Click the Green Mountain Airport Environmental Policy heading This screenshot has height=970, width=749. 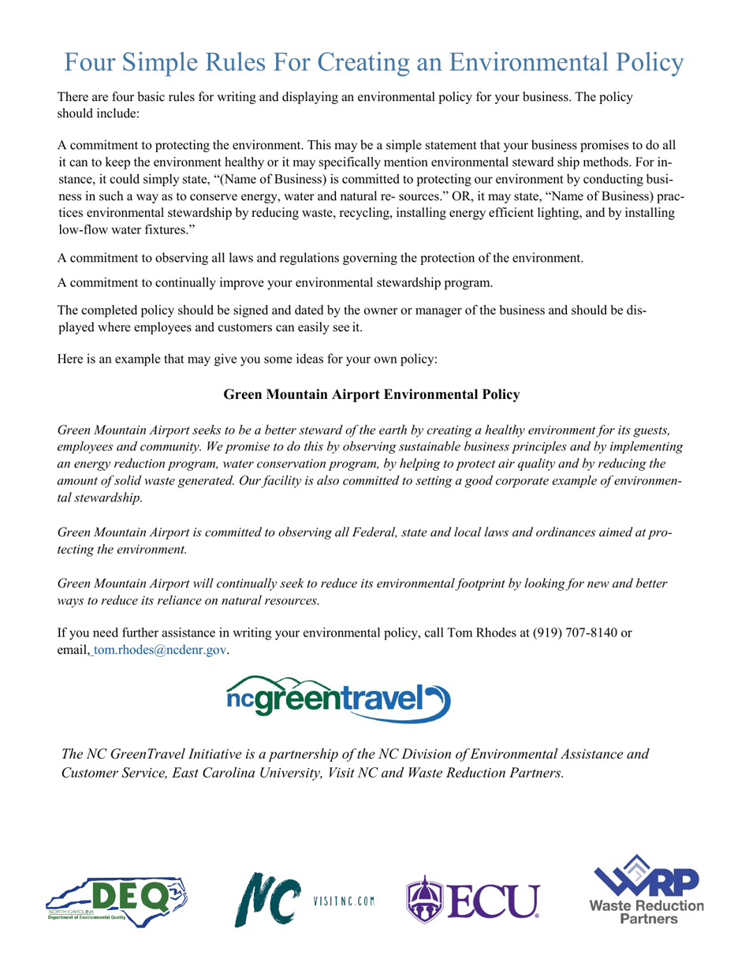point(371,394)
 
